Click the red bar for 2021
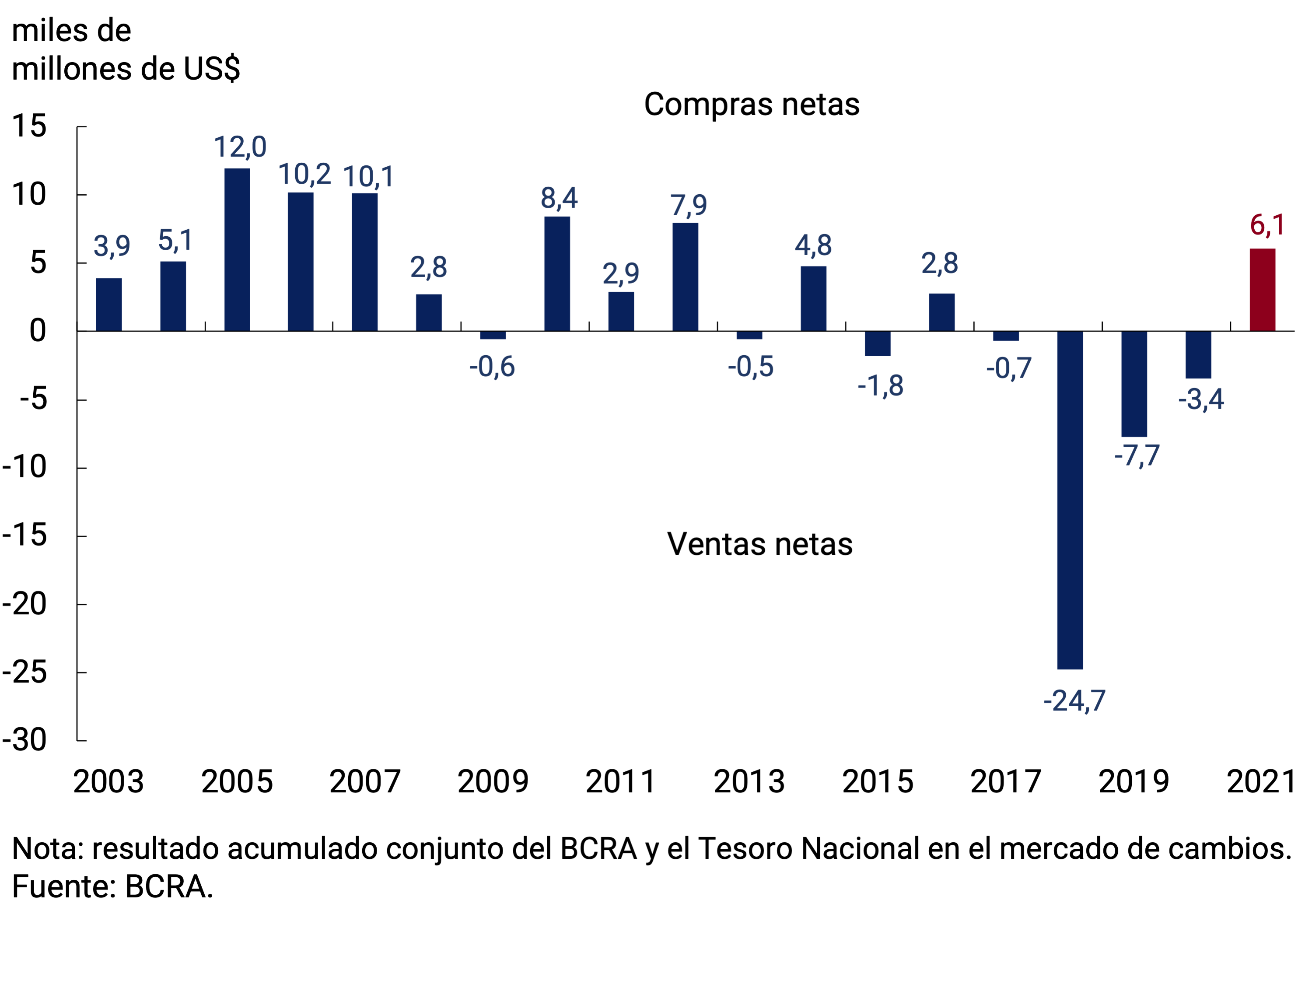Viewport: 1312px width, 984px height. pyautogui.click(x=1262, y=290)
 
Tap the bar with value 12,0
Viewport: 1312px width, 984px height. pyautogui.click(x=237, y=250)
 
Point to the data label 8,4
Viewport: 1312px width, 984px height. pyautogui.click(x=559, y=198)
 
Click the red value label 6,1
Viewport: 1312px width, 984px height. pyautogui.click(x=1267, y=225)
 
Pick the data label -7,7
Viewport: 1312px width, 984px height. pyautogui.click(x=1137, y=455)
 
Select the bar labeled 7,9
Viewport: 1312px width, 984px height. pyautogui.click(x=685, y=277)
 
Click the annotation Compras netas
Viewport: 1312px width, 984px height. pyautogui.click(x=752, y=105)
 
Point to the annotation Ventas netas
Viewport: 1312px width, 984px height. pyautogui.click(x=760, y=544)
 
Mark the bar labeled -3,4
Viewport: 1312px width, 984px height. pyautogui.click(x=1198, y=355)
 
